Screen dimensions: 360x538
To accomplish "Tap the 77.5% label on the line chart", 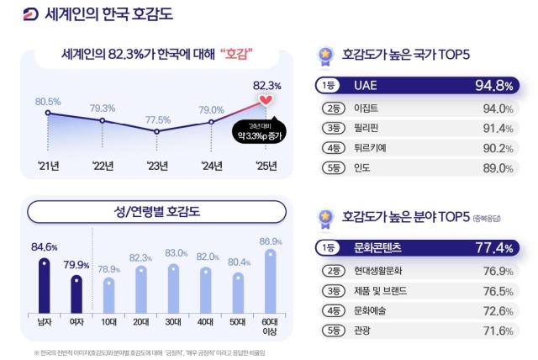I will [x=157, y=119].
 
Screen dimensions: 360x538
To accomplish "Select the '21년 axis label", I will [x=48, y=165].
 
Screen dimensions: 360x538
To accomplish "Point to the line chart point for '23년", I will [x=157, y=132].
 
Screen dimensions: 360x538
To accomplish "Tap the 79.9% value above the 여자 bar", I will [x=76, y=265].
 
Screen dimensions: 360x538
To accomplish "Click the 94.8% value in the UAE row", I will [x=493, y=85].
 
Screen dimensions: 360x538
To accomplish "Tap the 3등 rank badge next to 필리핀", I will [x=335, y=128].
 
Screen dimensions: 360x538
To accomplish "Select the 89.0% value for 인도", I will [x=496, y=167].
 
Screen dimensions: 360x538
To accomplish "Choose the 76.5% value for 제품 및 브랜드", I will [x=496, y=291].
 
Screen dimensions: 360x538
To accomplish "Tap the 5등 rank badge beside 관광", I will [x=335, y=331].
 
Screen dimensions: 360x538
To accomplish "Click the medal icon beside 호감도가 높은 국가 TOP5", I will [x=324, y=55].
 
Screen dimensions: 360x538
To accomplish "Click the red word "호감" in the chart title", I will [x=238, y=54].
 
